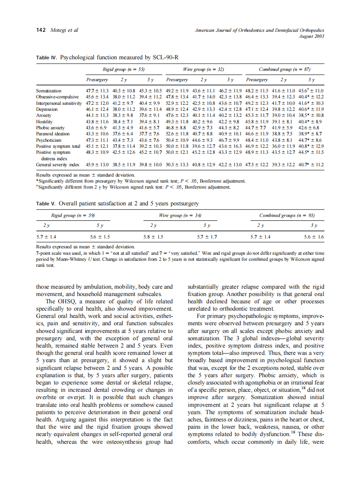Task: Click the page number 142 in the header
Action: (x=41, y=31)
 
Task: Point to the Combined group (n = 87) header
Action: (x=284, y=69)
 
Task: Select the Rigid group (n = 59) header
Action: (x=67, y=215)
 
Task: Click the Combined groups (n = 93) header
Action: (x=287, y=215)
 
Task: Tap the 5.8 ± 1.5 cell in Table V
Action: (x=153, y=237)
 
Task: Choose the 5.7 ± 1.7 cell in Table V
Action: (x=207, y=237)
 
